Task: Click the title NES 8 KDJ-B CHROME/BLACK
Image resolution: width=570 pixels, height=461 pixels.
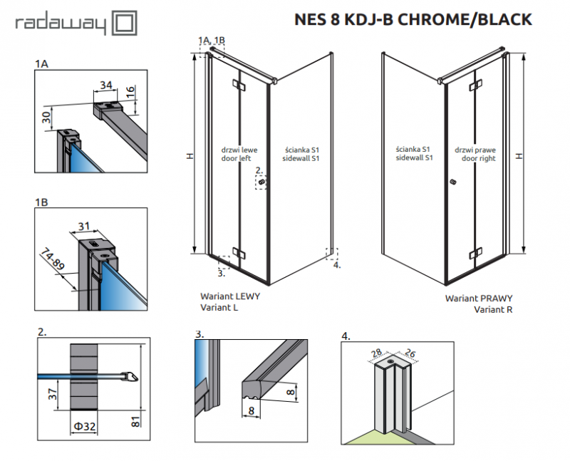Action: (x=413, y=19)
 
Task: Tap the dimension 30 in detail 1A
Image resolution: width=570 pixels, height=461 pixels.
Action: (x=46, y=116)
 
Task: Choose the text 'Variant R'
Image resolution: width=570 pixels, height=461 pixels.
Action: (x=493, y=309)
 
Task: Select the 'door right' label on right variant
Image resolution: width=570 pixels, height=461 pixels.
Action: (x=477, y=159)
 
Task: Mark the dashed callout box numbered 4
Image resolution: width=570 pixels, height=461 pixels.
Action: (x=332, y=254)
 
